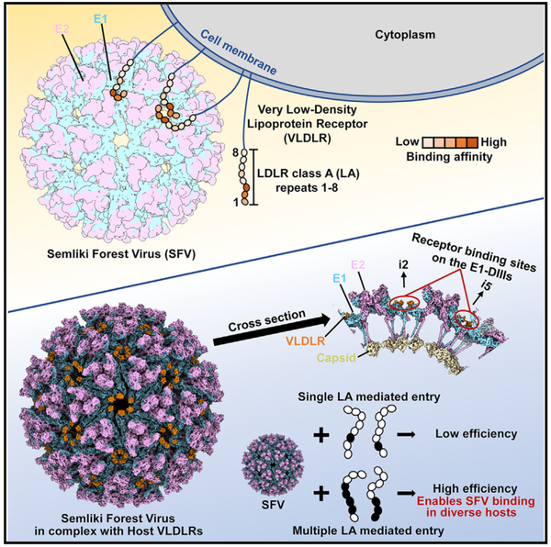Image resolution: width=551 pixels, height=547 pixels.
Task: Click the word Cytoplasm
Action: [x=405, y=35]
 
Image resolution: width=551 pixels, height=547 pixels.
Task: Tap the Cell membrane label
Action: [x=239, y=52]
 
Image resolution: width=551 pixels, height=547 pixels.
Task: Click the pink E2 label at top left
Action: [x=62, y=28]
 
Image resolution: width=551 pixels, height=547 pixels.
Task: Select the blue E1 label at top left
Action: [x=100, y=18]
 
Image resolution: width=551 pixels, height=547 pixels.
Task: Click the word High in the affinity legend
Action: [x=494, y=142]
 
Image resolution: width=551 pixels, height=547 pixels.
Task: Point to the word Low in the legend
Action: [x=407, y=142]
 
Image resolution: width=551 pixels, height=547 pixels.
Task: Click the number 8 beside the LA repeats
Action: [x=235, y=152]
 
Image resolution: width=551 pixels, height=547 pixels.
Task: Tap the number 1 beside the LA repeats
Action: [x=235, y=202]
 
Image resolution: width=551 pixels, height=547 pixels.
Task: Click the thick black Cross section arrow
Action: [x=272, y=329]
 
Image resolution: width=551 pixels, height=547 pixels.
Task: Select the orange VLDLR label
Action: [x=305, y=340]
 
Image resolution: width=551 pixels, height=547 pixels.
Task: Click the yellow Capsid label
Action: [x=336, y=358]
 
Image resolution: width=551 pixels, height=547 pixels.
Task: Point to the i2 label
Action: [x=403, y=264]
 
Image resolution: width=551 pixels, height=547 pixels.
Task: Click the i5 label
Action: [x=485, y=285]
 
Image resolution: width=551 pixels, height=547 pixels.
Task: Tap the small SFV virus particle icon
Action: [x=273, y=464]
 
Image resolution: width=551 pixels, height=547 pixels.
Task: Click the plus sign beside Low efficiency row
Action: [x=321, y=435]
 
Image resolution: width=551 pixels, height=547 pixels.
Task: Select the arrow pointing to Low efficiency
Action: [x=406, y=435]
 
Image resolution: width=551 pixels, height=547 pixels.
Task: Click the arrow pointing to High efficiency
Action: [x=406, y=493]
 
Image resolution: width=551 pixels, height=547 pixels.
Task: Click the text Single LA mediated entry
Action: [x=369, y=397]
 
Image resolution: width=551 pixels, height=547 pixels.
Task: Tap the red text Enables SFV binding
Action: [x=476, y=501]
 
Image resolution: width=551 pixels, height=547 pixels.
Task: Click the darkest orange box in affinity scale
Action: [x=473, y=142]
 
